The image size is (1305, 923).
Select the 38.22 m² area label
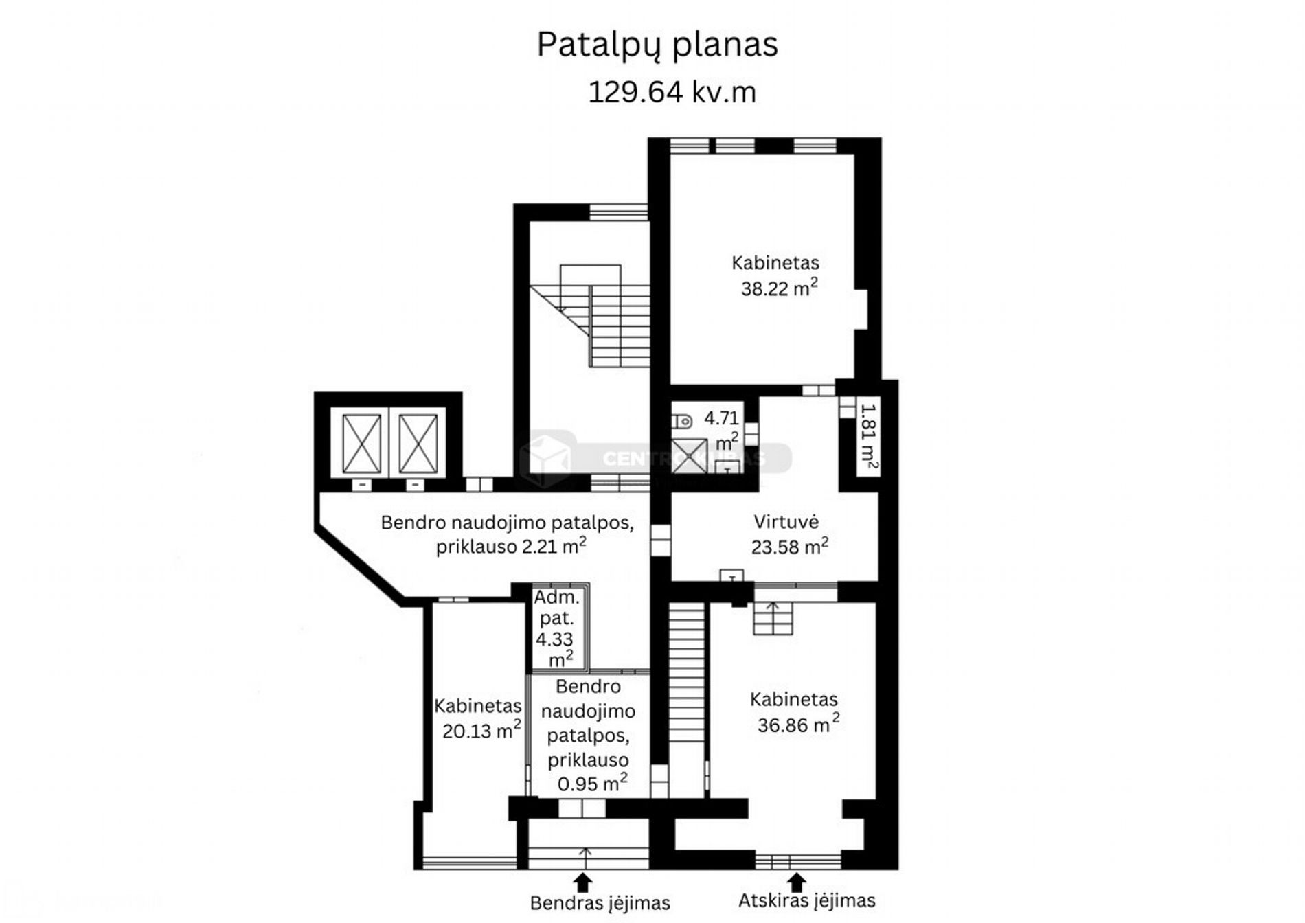(x=779, y=288)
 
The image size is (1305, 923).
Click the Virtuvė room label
(x=786, y=522)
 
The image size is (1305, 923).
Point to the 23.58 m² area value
(x=789, y=547)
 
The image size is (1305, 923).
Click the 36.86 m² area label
(x=798, y=724)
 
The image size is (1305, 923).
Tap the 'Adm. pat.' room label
(x=556, y=608)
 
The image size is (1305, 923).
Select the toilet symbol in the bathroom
(x=682, y=420)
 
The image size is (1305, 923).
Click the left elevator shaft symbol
(x=362, y=444)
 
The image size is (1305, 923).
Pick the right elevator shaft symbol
(x=418, y=444)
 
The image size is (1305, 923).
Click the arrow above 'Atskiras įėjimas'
(x=796, y=882)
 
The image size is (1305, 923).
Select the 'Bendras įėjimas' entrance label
(x=600, y=903)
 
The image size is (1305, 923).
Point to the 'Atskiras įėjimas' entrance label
(x=807, y=900)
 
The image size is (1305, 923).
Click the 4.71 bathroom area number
(x=721, y=418)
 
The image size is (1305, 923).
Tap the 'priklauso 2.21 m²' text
(x=511, y=546)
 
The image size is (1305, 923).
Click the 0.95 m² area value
(x=592, y=783)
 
